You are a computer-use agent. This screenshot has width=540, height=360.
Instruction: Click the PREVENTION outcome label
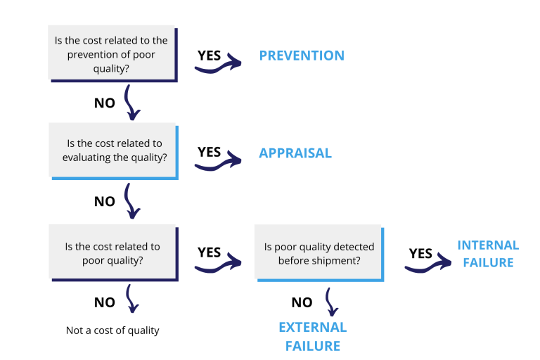pyautogui.click(x=302, y=56)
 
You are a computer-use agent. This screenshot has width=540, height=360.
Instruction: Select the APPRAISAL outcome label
pyautogui.click(x=295, y=153)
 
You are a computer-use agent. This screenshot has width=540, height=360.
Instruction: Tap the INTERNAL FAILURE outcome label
pyautogui.click(x=488, y=254)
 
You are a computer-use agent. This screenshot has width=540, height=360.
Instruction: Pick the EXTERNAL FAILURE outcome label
pyautogui.click(x=312, y=336)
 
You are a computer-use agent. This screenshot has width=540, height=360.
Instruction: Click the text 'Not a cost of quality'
pyautogui.click(x=112, y=330)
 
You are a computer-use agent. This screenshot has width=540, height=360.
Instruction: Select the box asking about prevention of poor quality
pyautogui.click(x=112, y=53)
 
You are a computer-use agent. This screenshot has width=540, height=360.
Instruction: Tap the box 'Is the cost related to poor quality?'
pyautogui.click(x=112, y=252)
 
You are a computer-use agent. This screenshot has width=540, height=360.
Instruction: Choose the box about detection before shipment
pyautogui.click(x=319, y=253)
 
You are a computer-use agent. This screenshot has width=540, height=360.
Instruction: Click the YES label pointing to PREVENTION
pyautogui.click(x=210, y=55)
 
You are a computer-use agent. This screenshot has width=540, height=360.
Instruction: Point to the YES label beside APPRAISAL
pyautogui.click(x=210, y=152)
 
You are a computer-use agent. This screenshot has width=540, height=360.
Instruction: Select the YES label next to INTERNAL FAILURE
pyautogui.click(x=420, y=253)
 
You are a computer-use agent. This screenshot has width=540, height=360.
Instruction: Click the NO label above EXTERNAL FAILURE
pyautogui.click(x=302, y=302)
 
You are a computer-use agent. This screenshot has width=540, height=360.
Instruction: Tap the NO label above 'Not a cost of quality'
pyautogui.click(x=104, y=302)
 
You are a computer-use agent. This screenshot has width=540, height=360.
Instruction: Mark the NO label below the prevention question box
pyautogui.click(x=104, y=103)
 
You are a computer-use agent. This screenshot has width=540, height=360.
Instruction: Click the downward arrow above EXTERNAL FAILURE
pyautogui.click(x=330, y=301)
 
